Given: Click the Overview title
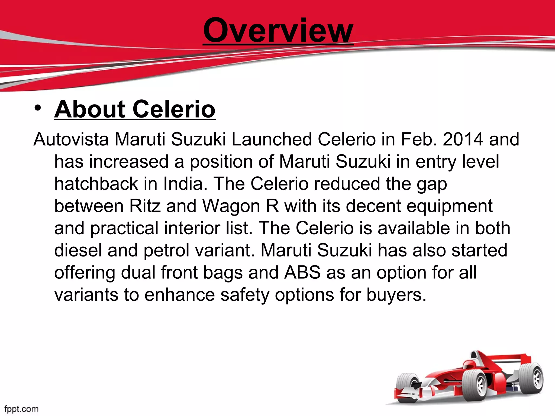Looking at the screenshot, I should pos(278,30).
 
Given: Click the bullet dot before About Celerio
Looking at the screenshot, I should pos(38,108).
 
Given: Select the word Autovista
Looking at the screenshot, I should pos(71,139).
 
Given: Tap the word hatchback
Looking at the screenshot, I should pos(96,184).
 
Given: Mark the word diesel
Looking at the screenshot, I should pos(78,250).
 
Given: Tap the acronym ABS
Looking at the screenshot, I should pos(302,272).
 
